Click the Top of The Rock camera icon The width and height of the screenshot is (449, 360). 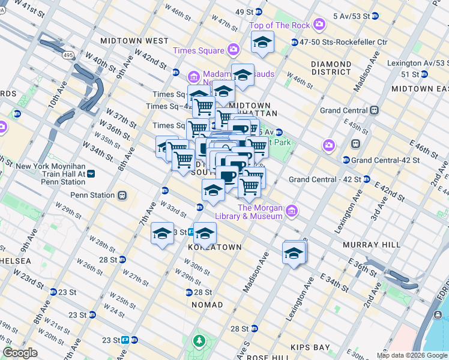(319, 25)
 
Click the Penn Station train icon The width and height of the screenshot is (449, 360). (122, 195)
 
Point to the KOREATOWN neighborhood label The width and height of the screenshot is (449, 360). (214, 247)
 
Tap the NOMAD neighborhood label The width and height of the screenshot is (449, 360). (207, 305)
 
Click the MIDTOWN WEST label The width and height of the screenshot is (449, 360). (134, 41)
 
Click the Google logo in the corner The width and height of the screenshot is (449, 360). (20, 353)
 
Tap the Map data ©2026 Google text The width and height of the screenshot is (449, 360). (411, 355)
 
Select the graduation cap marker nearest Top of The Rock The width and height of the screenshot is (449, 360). (262, 43)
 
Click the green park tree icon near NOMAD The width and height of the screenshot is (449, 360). (199, 341)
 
